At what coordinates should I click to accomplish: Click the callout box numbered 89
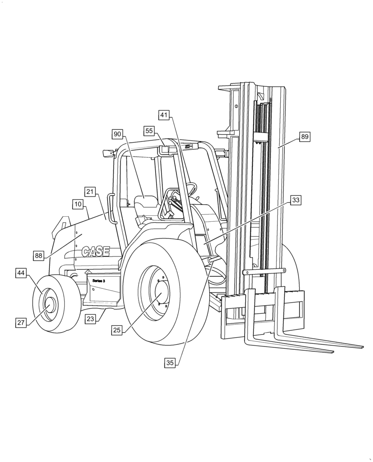point(304,137)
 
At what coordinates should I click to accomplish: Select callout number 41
point(165,115)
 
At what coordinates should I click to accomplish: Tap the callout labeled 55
point(149,131)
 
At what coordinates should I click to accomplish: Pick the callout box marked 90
point(118,134)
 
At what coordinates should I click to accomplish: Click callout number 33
point(296,200)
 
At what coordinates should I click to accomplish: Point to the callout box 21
point(90,192)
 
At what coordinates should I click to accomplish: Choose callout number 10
point(78,204)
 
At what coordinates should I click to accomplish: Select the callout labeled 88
point(39,255)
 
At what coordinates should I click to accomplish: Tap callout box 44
point(21,273)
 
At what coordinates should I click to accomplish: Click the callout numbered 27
point(21,323)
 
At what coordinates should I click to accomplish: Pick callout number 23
point(90,318)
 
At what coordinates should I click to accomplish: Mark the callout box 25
point(117,330)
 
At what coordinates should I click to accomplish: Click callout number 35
point(170,363)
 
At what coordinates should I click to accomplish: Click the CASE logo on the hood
point(96,252)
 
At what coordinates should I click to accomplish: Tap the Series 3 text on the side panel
point(99,281)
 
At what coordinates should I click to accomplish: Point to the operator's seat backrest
point(146,202)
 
